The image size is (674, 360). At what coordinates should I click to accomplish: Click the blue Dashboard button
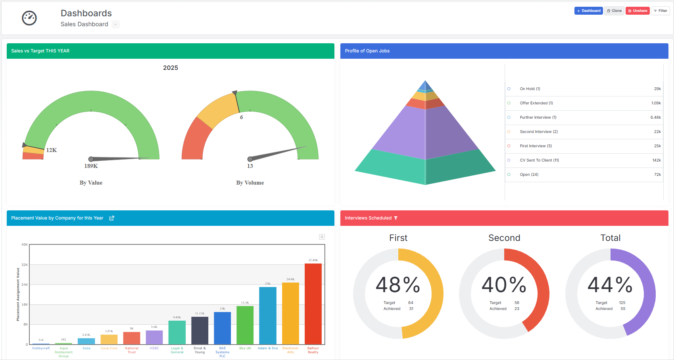pos(588,11)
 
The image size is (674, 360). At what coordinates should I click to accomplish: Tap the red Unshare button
pos(638,11)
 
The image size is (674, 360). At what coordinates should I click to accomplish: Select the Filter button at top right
pos(661,11)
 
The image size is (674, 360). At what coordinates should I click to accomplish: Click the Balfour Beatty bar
pos(313,304)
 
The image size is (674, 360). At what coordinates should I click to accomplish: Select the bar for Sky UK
pos(245,325)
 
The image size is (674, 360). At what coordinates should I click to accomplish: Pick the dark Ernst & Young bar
pos(200,331)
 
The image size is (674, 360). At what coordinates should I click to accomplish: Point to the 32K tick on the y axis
pos(25,265)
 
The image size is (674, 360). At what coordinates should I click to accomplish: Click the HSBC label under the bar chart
pos(154,348)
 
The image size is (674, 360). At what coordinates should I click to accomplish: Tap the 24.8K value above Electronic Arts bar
pos(290,279)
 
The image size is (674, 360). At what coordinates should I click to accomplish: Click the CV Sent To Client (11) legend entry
pos(539,160)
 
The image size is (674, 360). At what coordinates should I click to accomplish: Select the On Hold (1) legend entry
pos(530,89)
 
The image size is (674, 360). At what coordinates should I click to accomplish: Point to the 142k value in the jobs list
pos(657,160)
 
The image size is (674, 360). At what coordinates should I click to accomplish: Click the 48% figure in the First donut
pos(398,285)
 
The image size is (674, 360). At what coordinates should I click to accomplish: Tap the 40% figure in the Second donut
pos(504,285)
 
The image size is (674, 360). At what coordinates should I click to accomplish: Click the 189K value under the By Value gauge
pos(91,166)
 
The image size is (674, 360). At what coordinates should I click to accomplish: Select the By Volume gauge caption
pos(250,183)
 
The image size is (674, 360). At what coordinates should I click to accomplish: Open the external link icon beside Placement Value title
pos(111,218)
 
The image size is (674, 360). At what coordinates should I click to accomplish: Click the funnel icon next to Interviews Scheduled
pos(396,218)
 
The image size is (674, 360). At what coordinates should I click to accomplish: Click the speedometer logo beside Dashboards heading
pos(29,18)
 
